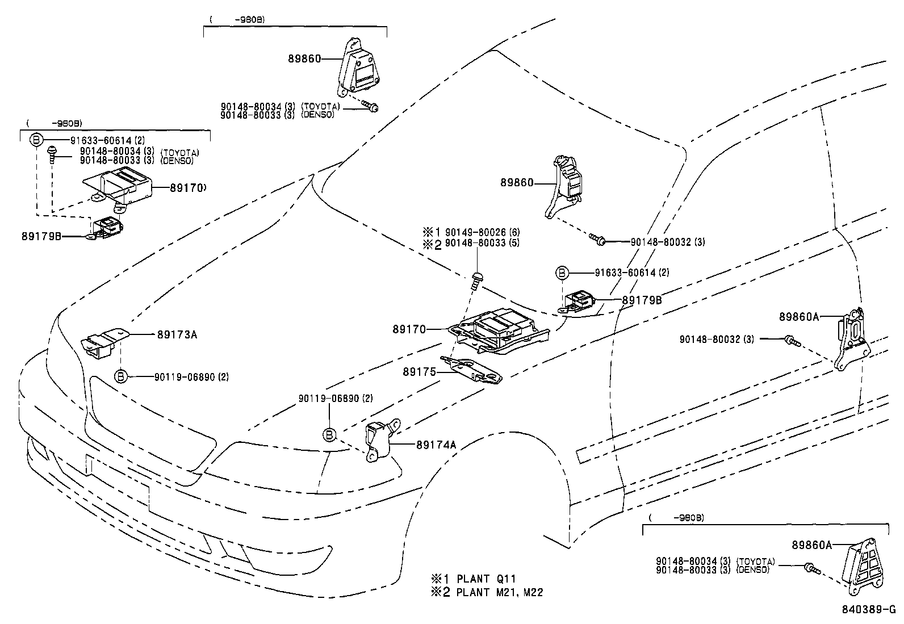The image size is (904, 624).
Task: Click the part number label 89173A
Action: [177, 334]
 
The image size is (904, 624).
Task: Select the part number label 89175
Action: [418, 372]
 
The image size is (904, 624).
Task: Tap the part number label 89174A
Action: [436, 445]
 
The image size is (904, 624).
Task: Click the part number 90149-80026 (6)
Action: [482, 232]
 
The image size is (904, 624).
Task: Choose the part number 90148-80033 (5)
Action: [482, 243]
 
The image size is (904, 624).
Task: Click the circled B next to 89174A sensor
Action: [329, 435]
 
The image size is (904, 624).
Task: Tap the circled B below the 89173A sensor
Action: [121, 376]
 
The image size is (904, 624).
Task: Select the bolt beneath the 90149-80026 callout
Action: [476, 279]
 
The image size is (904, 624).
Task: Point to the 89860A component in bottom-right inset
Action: [861, 568]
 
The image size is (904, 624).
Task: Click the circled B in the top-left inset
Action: [36, 140]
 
